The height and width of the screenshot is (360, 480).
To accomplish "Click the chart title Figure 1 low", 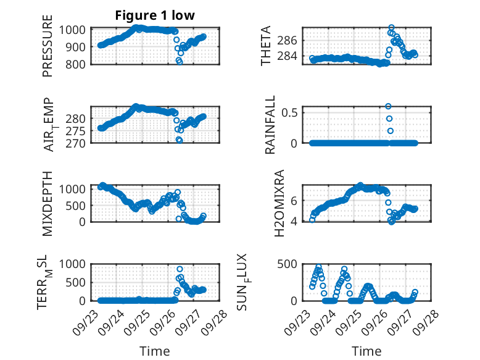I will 155,16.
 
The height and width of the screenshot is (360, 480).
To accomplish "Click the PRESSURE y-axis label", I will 48,50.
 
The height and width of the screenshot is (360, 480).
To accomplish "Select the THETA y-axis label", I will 265,46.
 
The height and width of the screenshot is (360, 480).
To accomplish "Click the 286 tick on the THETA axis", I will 291,40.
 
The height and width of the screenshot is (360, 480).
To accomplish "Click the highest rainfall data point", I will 388,106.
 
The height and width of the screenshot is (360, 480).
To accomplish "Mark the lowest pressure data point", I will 180,62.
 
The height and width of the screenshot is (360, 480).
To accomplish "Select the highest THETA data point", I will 391,28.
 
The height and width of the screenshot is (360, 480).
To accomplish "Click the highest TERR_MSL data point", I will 180,269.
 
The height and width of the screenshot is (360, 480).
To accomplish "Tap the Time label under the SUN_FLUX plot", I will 366,351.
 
